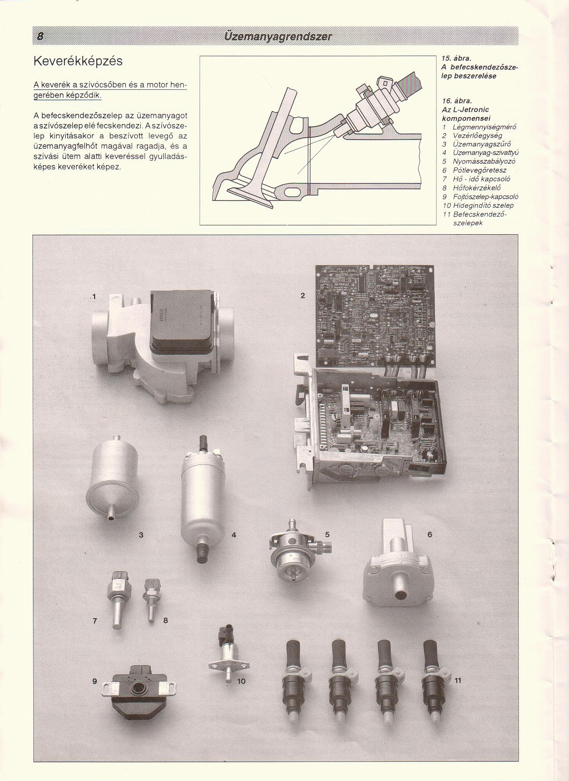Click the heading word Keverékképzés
(78, 61)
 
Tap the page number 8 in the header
(40, 36)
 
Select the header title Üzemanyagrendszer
(278, 36)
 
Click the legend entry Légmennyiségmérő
(484, 127)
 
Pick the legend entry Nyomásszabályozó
(484, 161)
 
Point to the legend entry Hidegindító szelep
(483, 205)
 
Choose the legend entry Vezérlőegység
(477, 136)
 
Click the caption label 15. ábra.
(456, 58)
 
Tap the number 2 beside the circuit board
(303, 295)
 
